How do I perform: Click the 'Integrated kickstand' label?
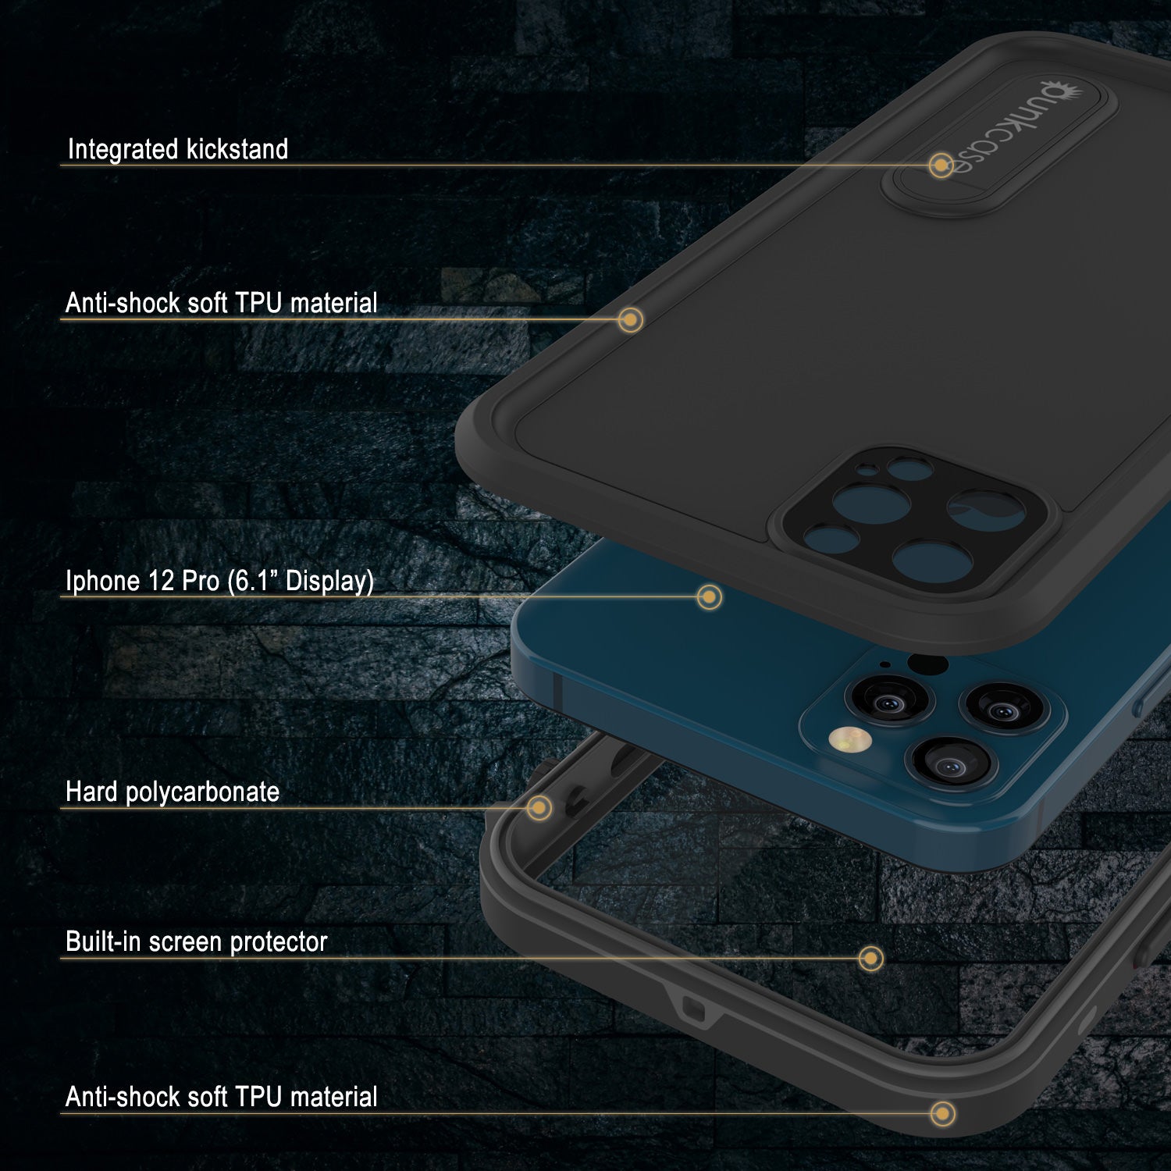(x=178, y=149)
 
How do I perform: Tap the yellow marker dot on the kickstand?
(x=941, y=166)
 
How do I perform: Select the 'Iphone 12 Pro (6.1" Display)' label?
(x=219, y=581)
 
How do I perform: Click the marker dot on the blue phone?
(x=709, y=597)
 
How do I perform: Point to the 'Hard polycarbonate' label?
(x=173, y=792)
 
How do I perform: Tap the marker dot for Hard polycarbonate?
(x=539, y=807)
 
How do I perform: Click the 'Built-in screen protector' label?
(x=196, y=941)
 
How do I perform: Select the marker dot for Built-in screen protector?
(x=870, y=958)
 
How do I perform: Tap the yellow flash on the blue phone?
(x=848, y=739)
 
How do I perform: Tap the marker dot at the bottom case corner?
(x=943, y=1113)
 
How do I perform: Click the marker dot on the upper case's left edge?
(x=630, y=319)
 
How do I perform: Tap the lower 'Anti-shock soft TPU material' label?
(x=222, y=1097)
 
